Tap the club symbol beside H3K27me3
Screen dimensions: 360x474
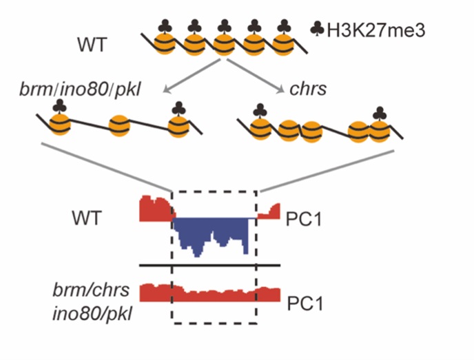317,30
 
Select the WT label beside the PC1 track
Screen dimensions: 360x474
87,220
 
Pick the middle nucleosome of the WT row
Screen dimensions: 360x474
224,46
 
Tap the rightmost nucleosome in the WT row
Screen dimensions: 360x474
283,46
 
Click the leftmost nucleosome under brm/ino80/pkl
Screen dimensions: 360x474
61,126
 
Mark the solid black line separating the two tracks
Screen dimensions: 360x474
209,265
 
